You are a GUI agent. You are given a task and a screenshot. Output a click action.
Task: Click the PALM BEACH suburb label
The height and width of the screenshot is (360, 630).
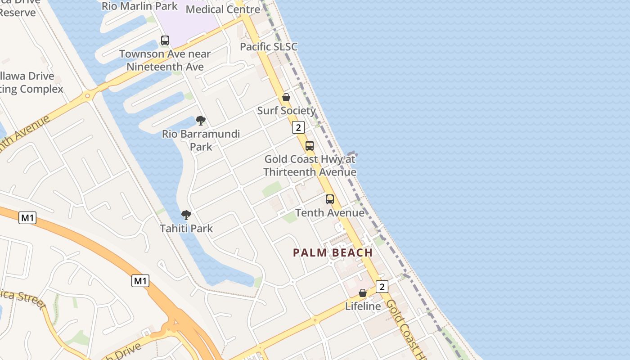[333, 252]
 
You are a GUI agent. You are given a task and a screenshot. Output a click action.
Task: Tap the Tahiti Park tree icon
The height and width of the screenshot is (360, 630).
[186, 215]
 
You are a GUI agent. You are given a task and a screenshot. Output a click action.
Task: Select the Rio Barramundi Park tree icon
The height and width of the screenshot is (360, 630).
[201, 121]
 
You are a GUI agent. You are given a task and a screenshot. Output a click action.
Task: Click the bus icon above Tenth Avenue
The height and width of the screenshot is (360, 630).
[330, 199]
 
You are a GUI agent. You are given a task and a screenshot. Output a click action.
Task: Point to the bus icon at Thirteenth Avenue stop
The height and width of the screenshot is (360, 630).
[310, 146]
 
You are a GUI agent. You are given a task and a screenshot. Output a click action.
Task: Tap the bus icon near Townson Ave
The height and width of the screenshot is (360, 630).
[165, 40]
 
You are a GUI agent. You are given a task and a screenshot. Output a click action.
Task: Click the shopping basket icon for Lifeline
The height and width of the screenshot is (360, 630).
[363, 293]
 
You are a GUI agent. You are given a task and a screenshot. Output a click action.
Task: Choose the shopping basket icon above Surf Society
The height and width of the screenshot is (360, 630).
[286, 97]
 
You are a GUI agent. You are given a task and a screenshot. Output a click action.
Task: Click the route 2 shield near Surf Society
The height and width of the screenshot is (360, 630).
[298, 127]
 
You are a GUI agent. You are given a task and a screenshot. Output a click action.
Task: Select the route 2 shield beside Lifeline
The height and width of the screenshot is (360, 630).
[382, 287]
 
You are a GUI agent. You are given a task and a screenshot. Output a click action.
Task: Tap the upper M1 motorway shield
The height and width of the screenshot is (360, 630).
[28, 218]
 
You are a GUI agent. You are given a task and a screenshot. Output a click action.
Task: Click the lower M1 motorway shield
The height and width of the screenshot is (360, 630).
[140, 281]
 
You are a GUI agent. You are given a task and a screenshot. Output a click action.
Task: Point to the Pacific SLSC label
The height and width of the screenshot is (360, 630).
[269, 47]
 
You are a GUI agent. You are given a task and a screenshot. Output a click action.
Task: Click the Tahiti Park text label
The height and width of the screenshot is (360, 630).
[186, 229]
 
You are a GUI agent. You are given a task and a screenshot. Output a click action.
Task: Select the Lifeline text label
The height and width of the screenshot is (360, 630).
[363, 306]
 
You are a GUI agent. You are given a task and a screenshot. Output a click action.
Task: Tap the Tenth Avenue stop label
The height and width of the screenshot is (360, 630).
[330, 213]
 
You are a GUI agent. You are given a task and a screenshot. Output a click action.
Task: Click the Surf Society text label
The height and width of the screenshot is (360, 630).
[286, 111]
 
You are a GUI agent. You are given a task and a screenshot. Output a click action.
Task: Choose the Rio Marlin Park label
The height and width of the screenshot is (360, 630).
[139, 6]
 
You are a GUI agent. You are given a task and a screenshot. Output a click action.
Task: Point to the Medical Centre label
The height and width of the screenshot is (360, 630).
[223, 9]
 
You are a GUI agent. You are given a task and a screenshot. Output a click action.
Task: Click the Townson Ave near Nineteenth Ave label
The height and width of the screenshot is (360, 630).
[165, 60]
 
